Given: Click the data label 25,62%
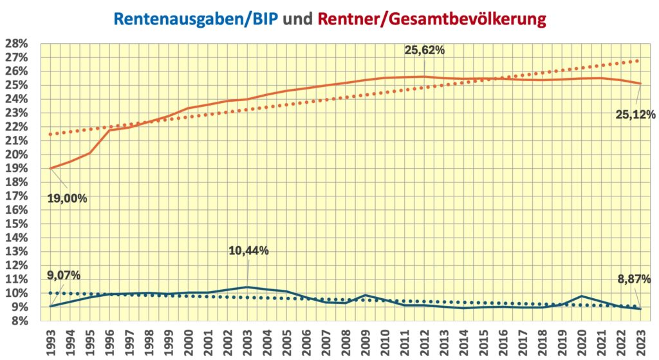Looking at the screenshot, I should click(x=425, y=50).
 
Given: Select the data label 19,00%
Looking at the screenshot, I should click(x=67, y=198).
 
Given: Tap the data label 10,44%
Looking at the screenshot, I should click(x=248, y=251).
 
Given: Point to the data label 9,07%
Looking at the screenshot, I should click(x=64, y=276).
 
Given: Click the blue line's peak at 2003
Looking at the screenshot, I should click(x=247, y=287).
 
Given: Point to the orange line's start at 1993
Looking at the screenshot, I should click(x=50, y=168).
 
